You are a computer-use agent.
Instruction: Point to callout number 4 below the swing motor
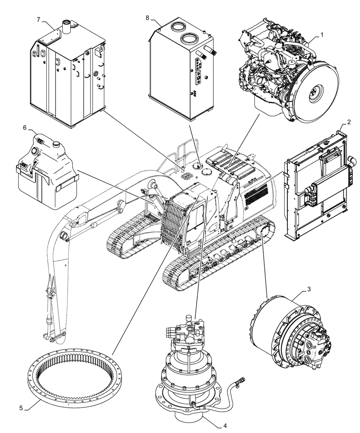point(225,425)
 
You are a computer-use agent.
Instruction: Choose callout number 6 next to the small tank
point(25,128)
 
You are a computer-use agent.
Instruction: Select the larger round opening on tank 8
point(191,39)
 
